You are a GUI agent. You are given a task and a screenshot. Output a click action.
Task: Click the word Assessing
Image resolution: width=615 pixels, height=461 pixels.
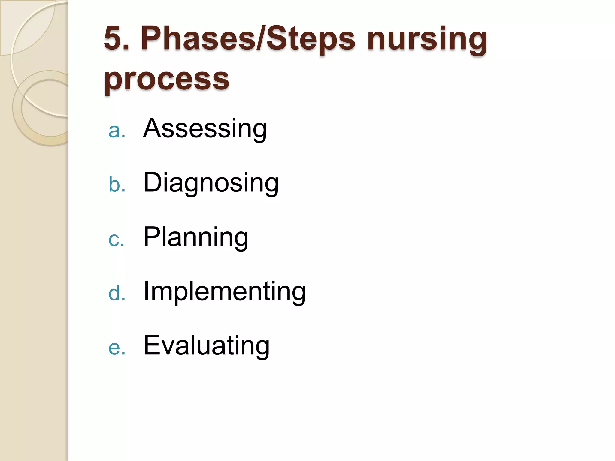coord(205,129)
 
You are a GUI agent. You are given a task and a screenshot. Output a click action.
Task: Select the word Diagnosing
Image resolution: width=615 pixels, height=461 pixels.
coord(211,183)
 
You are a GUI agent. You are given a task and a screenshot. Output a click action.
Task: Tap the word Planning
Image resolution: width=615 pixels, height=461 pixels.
coord(196,237)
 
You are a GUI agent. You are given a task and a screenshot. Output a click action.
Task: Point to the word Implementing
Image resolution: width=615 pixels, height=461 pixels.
coord(225,291)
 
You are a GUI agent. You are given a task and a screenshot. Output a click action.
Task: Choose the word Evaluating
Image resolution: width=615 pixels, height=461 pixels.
coord(207,346)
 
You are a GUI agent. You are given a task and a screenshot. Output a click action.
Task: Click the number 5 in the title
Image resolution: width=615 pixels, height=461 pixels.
coord(113,38)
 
